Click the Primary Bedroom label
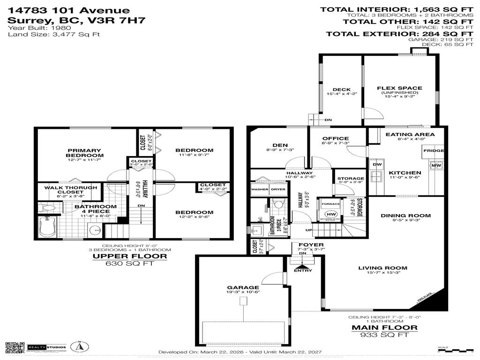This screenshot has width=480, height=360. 84,153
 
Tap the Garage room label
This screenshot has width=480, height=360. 243,288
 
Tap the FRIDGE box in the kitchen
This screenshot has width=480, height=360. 433,151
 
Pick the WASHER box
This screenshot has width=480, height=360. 259,189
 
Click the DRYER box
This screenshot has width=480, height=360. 278,189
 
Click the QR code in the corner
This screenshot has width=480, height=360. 15,348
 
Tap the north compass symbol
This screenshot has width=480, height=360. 80,347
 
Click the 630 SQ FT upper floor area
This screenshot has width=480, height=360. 130,263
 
